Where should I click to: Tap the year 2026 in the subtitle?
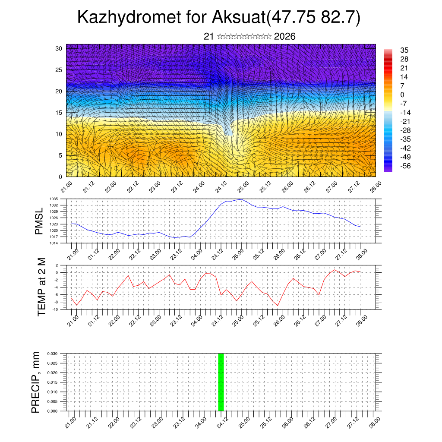pos(284,37)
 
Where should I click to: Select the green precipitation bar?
pos(221,382)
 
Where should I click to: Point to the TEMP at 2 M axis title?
pos(41,287)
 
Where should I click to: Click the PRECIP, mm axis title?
pos(36,382)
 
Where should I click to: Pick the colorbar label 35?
pos(404,51)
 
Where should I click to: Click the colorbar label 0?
pos(402,95)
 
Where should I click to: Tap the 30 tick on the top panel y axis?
pos(59,48)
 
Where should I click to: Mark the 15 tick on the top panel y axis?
pos(59,113)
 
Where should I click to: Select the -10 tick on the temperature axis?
pos(61,309)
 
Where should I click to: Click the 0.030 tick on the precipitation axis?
pos(59,354)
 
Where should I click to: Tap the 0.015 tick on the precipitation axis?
pos(59,382)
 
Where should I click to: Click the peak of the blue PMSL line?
pos(241,199)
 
